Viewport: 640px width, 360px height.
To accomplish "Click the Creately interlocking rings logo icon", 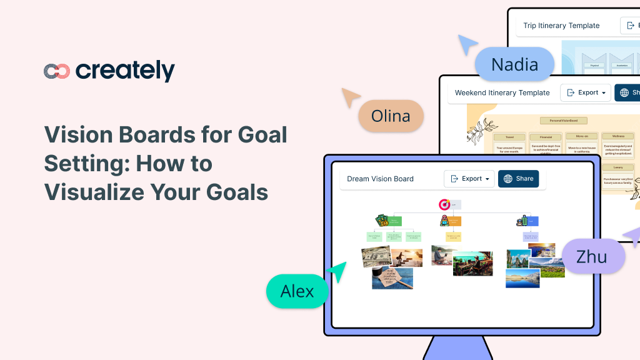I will (x=56, y=71).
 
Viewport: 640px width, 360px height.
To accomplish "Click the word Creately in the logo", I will (x=125, y=71).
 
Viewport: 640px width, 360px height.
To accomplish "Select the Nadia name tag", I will (x=514, y=64).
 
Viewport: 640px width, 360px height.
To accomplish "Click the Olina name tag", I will (x=391, y=116).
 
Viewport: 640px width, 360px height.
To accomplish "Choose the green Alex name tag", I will (x=297, y=291).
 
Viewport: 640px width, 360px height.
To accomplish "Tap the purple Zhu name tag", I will (x=592, y=256).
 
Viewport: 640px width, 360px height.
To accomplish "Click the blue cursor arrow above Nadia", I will (x=467, y=45).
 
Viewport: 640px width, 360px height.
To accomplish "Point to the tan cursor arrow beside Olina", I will (x=350, y=97).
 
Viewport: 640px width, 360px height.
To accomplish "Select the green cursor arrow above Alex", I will (x=337, y=271).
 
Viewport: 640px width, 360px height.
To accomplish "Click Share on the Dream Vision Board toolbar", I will (x=518, y=179).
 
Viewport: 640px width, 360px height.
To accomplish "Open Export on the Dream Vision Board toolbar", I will (x=469, y=179).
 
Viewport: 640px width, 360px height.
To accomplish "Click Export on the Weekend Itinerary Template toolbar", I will (x=586, y=92).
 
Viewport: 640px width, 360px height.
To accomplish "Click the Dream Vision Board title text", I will (x=380, y=179).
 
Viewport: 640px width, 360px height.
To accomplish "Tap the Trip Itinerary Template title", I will (x=561, y=26).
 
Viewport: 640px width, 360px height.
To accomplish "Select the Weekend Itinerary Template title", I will (x=502, y=92).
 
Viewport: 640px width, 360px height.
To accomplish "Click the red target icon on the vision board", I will (x=444, y=204).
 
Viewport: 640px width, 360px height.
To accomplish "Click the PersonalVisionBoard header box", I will (x=564, y=120).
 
